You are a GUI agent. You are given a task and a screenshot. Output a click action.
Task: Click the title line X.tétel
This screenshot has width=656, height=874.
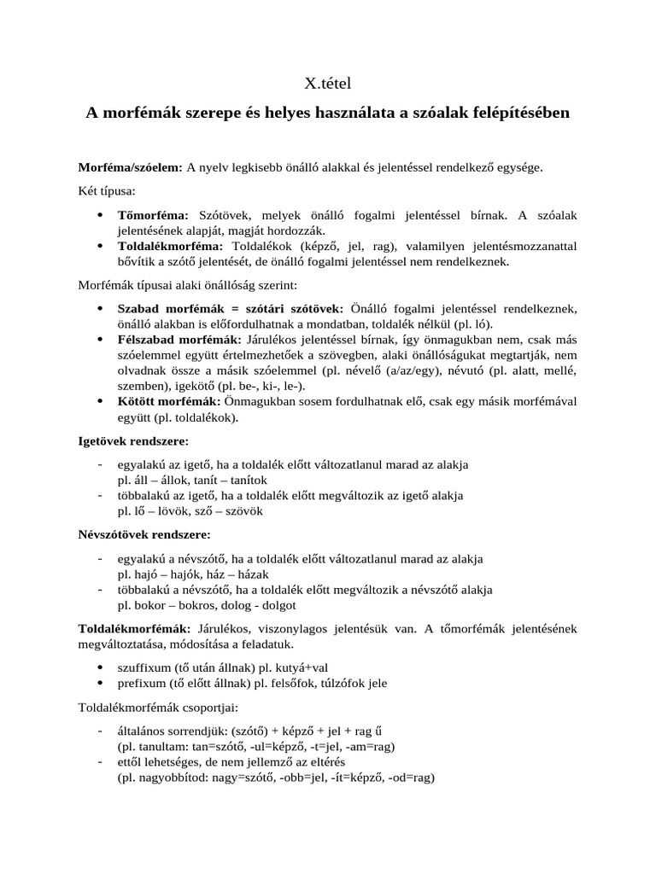[x=328, y=84]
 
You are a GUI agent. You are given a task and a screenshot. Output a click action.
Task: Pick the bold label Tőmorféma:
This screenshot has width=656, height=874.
[x=152, y=216]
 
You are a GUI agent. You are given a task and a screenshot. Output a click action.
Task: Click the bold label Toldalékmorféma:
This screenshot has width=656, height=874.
[x=170, y=246]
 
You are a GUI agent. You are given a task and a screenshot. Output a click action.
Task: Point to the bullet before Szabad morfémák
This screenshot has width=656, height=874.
[x=102, y=308]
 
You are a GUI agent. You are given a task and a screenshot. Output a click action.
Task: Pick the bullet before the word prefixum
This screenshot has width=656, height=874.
[x=102, y=683]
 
